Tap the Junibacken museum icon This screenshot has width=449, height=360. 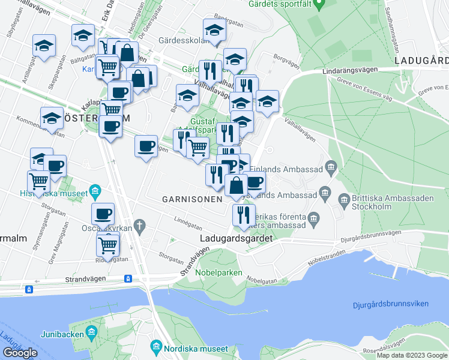tap(91, 332)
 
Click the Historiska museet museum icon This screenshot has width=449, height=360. tap(94, 193)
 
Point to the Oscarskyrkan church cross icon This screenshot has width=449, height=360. tap(140, 226)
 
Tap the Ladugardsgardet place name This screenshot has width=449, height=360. tap(235, 238)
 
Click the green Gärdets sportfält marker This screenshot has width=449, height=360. tap(319, 5)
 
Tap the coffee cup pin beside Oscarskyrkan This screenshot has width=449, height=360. tap(103, 213)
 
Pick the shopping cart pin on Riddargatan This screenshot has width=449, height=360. tap(107, 244)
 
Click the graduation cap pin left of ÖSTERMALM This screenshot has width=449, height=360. tap(52, 118)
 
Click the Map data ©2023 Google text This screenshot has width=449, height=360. tap(412, 355)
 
